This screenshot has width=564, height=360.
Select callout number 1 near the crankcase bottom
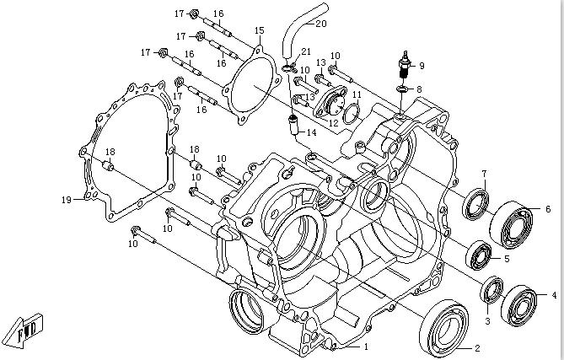click(366, 347)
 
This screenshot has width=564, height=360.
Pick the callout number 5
click(507, 259)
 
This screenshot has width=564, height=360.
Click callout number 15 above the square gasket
click(259, 30)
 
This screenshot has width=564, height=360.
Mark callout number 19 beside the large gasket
click(88, 199)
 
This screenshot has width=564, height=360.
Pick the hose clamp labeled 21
click(289, 67)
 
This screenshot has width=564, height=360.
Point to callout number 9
click(422, 66)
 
